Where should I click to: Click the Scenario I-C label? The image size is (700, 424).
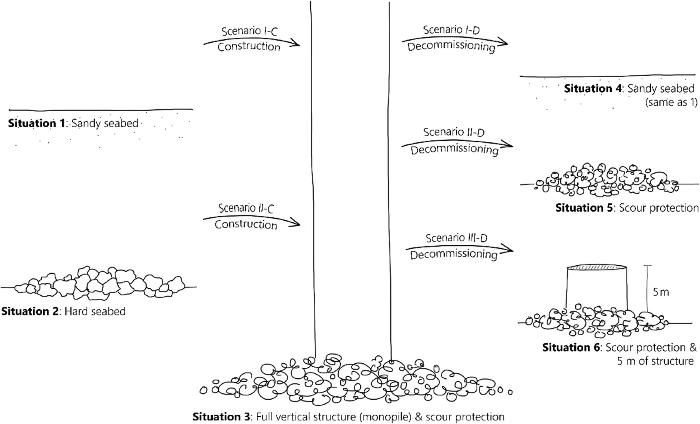pyautogui.click(x=249, y=31)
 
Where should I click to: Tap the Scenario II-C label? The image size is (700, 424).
pyautogui.click(x=246, y=208)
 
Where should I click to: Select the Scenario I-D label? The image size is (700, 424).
pyautogui.click(x=451, y=30)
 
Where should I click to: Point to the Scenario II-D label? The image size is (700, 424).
pyautogui.click(x=454, y=132)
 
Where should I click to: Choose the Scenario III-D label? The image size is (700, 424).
pyautogui.click(x=456, y=238)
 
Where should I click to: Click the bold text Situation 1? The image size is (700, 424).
pyautogui.click(x=36, y=123)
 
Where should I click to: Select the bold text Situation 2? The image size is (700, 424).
pyautogui.click(x=30, y=311)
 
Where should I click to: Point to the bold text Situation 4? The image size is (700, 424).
pyautogui.click(x=593, y=89)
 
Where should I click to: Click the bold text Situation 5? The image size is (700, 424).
pyautogui.click(x=584, y=208)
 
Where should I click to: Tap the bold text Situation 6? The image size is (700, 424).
pyautogui.click(x=571, y=347)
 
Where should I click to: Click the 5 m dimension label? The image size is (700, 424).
pyautogui.click(x=661, y=292)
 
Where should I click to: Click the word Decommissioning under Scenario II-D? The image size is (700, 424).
pyautogui.click(x=454, y=150)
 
